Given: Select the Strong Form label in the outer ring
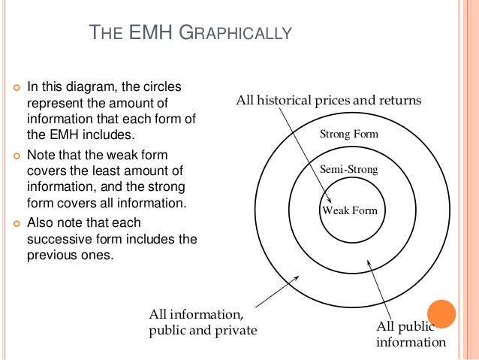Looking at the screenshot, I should [349, 135].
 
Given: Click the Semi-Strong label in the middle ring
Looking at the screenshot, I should [349, 170].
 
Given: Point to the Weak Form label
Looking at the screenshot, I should [349, 210].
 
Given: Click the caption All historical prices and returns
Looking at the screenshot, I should [329, 100].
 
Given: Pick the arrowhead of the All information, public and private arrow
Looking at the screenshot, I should [298, 277].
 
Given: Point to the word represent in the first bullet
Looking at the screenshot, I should [54, 104].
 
